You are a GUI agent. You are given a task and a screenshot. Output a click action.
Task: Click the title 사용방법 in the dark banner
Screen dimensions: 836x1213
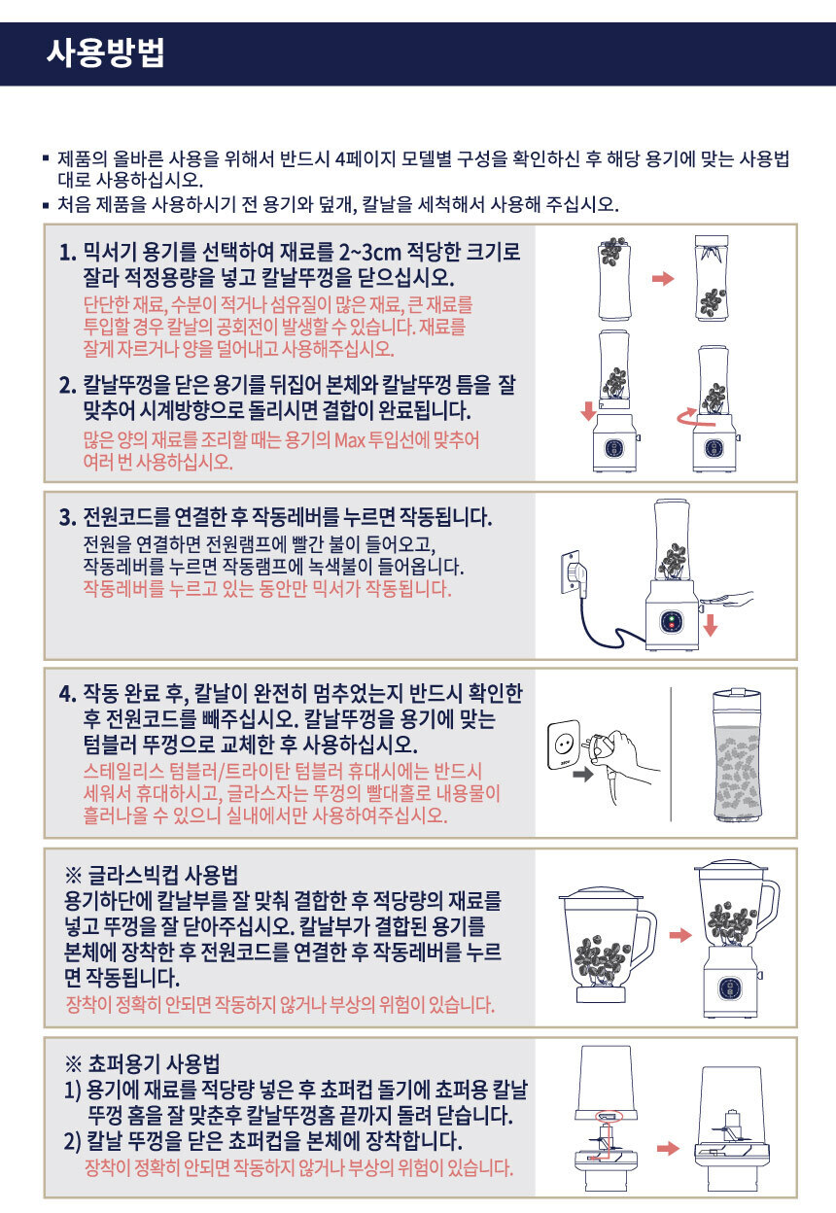tap(105, 53)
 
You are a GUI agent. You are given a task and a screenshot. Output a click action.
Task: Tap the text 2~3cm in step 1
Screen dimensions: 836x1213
tap(369, 252)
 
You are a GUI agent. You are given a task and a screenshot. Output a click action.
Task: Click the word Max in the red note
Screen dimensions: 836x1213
tap(349, 439)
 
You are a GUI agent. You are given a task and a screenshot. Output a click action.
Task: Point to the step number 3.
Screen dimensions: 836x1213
tap(67, 518)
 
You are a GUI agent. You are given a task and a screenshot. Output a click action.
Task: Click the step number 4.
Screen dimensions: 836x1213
tap(68, 694)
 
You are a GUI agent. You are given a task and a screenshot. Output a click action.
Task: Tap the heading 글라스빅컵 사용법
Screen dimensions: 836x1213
tap(162, 875)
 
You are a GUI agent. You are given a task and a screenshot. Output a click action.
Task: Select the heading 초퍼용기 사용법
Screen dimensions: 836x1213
tap(154, 1063)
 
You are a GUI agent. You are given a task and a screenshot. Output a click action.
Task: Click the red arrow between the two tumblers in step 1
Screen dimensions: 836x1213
tap(663, 278)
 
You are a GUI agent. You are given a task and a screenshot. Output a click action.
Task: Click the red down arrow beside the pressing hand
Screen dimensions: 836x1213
tap(711, 626)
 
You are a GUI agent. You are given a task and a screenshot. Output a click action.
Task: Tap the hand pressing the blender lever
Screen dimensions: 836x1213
tap(726, 599)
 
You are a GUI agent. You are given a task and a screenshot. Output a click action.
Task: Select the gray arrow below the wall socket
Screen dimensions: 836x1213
tap(583, 775)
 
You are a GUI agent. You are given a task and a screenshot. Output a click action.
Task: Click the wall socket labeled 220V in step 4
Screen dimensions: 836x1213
tap(563, 745)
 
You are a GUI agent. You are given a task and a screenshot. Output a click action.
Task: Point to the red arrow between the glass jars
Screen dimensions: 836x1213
tap(680, 935)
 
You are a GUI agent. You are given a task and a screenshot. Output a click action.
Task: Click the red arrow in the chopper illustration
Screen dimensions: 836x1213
tap(668, 1149)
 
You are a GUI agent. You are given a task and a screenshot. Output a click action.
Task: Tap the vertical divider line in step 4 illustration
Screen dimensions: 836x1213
tap(671, 754)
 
